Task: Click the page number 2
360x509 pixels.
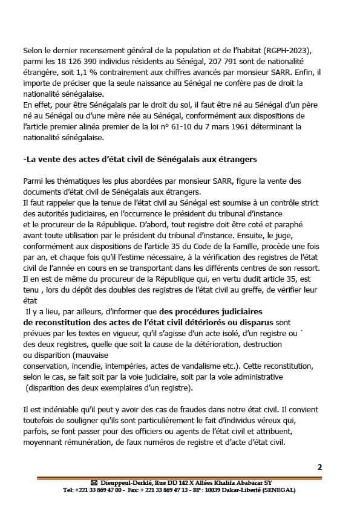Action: (x=319, y=466)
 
